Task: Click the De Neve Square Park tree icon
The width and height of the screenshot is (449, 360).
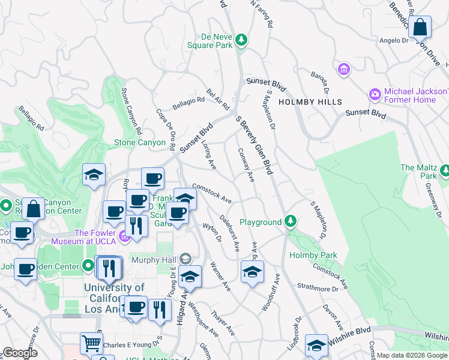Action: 241,40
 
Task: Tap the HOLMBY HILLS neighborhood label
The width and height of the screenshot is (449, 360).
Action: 312,102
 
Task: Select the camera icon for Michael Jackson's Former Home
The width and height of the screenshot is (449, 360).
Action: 375,94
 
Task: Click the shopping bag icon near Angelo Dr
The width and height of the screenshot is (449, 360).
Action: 421,28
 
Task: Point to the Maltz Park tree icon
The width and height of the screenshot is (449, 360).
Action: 444,171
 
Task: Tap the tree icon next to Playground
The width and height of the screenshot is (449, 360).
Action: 291,222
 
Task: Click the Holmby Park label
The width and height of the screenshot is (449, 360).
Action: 313,255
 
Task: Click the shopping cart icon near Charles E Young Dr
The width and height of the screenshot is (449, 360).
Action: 91,343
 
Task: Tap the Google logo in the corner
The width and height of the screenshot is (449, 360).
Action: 20,353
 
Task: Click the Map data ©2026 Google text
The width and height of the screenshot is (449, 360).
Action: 412,355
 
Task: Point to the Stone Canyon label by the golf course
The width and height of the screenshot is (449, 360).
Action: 140,143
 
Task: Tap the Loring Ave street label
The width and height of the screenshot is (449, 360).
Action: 208,155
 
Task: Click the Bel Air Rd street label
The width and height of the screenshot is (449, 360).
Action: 218,100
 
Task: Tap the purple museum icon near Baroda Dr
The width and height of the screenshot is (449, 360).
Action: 343,70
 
